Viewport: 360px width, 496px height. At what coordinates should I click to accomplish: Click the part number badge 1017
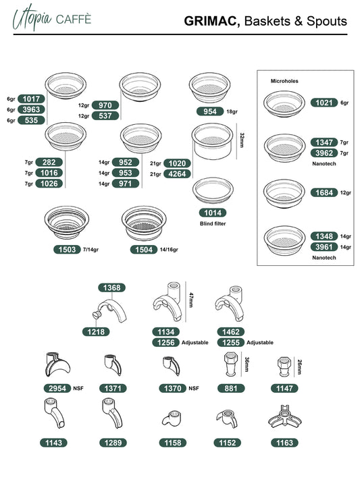[x=31, y=99]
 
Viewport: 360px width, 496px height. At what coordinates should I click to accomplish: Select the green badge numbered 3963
[x=31, y=109]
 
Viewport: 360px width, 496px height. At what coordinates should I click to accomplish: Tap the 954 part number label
[x=210, y=111]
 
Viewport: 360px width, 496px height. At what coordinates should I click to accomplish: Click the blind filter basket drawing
[x=213, y=190]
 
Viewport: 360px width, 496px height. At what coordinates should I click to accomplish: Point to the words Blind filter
[x=213, y=223]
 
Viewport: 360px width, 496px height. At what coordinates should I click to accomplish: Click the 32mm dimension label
[x=242, y=140]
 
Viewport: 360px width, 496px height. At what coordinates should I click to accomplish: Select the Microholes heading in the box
[x=284, y=81]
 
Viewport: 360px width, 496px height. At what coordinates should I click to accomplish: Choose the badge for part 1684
[x=324, y=192]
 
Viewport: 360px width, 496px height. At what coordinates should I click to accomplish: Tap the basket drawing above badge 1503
[x=66, y=223]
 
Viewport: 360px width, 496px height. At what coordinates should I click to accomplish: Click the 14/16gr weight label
[x=169, y=250]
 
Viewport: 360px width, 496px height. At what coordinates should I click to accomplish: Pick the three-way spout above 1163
[x=285, y=417]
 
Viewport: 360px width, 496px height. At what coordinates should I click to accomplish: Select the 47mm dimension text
[x=191, y=300]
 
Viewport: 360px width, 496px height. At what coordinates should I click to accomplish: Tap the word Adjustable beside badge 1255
[x=260, y=343]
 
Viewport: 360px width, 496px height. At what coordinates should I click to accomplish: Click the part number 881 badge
[x=231, y=388]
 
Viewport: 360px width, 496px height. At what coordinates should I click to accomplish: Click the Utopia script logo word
[x=32, y=18]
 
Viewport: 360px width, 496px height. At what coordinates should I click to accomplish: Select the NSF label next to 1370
[x=194, y=388]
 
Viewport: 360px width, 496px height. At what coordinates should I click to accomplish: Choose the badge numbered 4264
[x=178, y=174]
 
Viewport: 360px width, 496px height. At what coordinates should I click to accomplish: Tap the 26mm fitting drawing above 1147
[x=284, y=366]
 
